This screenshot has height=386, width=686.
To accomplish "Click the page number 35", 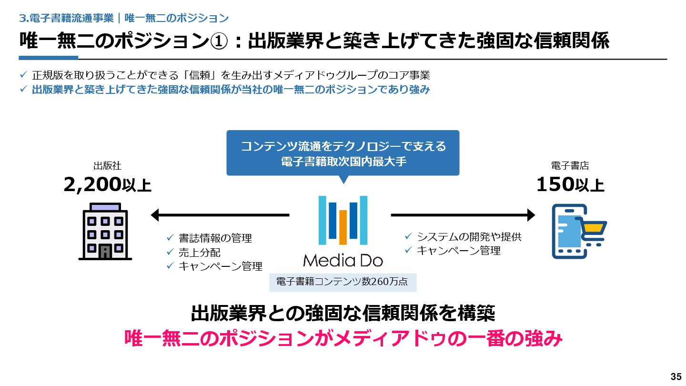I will pyautogui.click(x=676, y=376).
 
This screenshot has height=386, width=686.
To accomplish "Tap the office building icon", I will pyautogui.click(x=105, y=232).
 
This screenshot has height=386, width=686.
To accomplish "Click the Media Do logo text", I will pyautogui.click(x=343, y=260).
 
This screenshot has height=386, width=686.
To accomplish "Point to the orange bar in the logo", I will pyautogui.click(x=343, y=227).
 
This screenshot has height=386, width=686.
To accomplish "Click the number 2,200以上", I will pyautogui.click(x=108, y=185).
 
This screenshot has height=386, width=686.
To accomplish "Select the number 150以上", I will pyautogui.click(x=570, y=185).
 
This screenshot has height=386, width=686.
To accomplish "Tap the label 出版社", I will pyautogui.click(x=107, y=166).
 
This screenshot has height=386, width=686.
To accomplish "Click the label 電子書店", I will pyautogui.click(x=570, y=166).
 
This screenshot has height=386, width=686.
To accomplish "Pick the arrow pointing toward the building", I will pyautogui.click(x=220, y=215).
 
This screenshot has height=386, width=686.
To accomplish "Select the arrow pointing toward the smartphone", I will pyautogui.click(x=463, y=215).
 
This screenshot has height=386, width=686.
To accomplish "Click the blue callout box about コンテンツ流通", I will pyautogui.click(x=343, y=153).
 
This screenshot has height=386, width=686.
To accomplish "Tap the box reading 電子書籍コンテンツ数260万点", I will pyautogui.click(x=343, y=282).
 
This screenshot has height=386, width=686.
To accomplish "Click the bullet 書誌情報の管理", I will pyautogui.click(x=215, y=238).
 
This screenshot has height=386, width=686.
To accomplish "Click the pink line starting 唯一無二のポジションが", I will pyautogui.click(x=343, y=338).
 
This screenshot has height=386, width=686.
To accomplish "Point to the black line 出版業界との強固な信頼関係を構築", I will pyautogui.click(x=343, y=314).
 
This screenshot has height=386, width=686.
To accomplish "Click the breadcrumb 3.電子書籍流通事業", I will pyautogui.click(x=66, y=19).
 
